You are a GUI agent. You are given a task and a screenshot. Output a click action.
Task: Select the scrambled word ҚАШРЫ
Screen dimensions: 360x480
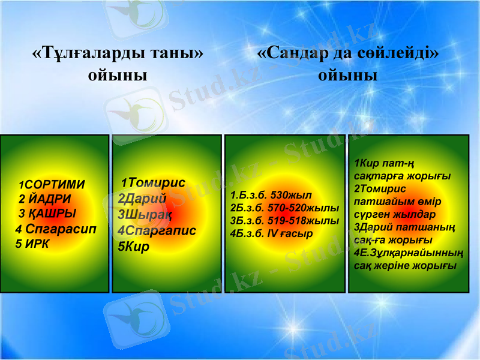point(50,214)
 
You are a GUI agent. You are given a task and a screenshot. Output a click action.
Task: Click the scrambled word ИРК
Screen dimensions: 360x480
point(37,244)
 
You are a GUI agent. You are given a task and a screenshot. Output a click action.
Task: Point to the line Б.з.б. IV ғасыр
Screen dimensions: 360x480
point(274,233)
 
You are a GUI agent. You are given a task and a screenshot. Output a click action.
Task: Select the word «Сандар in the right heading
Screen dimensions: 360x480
point(292,53)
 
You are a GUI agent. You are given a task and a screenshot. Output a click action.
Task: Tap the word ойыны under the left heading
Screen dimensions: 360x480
point(118,76)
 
